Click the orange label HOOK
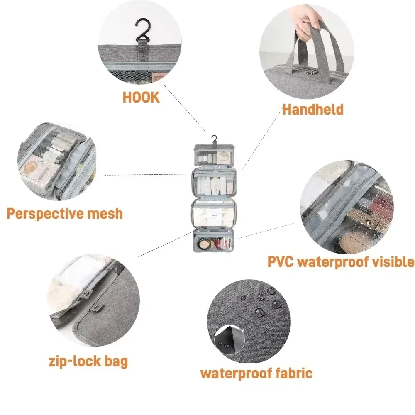[x=141, y=97]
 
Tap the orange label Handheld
[x=313, y=109]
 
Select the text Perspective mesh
[x=65, y=214]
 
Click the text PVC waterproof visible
[x=340, y=262]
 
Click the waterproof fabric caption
[x=256, y=373]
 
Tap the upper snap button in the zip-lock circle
[x=87, y=295]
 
